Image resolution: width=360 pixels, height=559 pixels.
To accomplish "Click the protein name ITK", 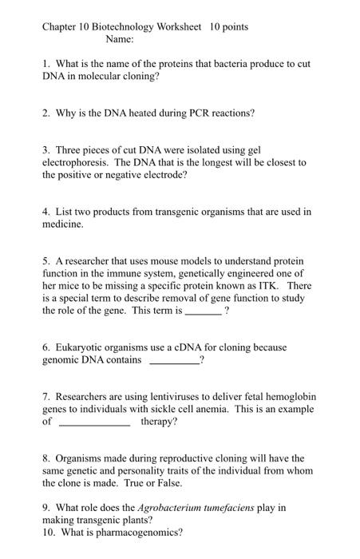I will pyautogui.click(x=269, y=286).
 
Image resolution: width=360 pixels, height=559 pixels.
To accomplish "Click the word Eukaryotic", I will pyautogui.click(x=84, y=347).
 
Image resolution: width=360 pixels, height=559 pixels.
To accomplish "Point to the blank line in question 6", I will pyautogui.click(x=174, y=361).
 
